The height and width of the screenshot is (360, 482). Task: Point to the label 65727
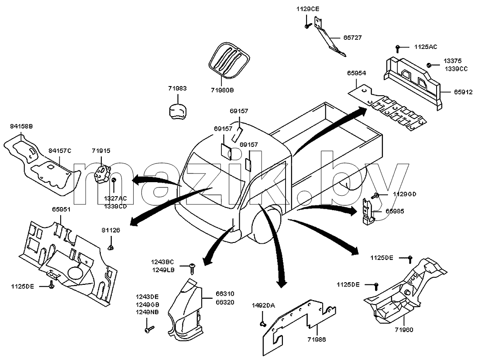[x=353, y=38]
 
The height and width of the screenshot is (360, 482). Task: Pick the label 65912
[x=463, y=92]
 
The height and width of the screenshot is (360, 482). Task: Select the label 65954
[x=357, y=73]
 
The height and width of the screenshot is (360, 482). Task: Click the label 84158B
[x=21, y=126]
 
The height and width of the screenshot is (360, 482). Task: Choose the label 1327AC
[x=115, y=199]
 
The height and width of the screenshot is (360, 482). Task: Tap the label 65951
[x=61, y=210]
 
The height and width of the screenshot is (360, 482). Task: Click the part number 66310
[x=225, y=294]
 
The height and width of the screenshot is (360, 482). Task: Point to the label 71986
[x=316, y=340]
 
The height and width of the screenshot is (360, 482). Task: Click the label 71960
[x=404, y=330]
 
